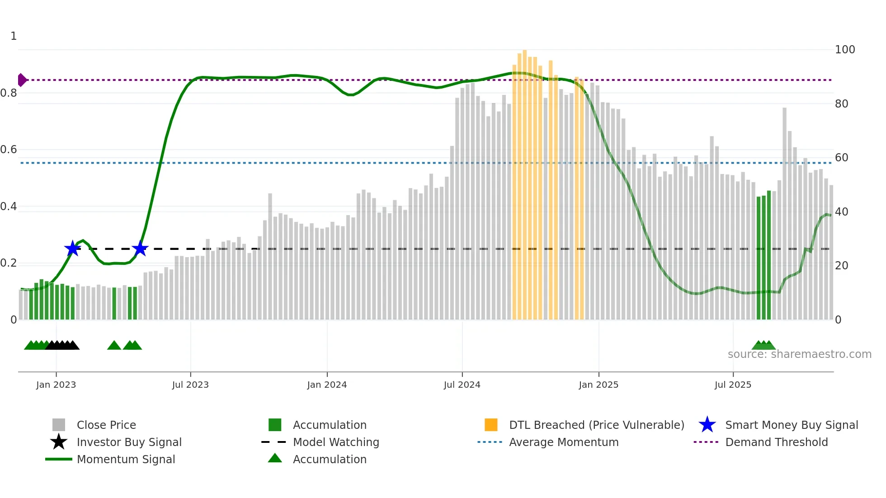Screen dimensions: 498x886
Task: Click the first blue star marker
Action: [72, 248]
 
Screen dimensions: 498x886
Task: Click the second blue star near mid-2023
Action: [140, 248]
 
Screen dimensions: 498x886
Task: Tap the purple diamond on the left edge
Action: [22, 80]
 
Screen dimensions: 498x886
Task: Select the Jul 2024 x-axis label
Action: [462, 385]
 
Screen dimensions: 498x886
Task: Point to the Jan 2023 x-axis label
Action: [56, 385]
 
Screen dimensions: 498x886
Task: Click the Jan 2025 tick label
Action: [599, 385]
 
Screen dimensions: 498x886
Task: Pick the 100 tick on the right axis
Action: [844, 50]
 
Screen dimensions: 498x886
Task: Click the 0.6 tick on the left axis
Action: [9, 150]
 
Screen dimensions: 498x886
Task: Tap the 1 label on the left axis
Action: [14, 36]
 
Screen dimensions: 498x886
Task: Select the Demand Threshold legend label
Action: [776, 442]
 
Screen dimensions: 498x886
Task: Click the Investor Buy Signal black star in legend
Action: [59, 442]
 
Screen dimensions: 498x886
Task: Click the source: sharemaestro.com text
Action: [799, 354]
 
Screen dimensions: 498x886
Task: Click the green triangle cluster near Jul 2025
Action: [763, 345]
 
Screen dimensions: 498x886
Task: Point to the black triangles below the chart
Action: [62, 345]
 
